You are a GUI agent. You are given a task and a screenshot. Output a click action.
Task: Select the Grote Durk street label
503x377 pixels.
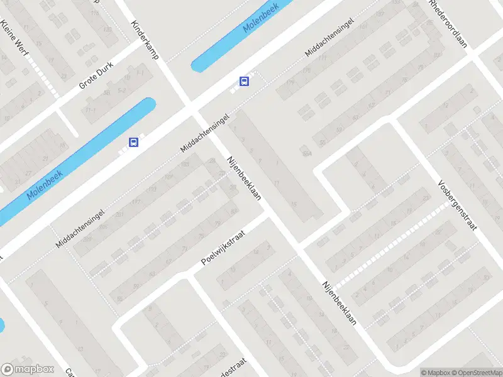94,77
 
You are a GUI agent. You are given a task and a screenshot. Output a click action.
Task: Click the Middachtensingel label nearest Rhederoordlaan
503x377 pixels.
329,37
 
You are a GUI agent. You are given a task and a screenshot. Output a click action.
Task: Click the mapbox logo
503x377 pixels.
27,369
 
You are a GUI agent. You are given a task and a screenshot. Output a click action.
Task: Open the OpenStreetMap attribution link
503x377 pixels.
476,372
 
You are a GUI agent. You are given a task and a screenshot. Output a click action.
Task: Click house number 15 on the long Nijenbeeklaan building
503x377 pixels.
294,204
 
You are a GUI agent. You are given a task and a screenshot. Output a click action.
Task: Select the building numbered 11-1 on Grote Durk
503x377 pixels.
91,109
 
